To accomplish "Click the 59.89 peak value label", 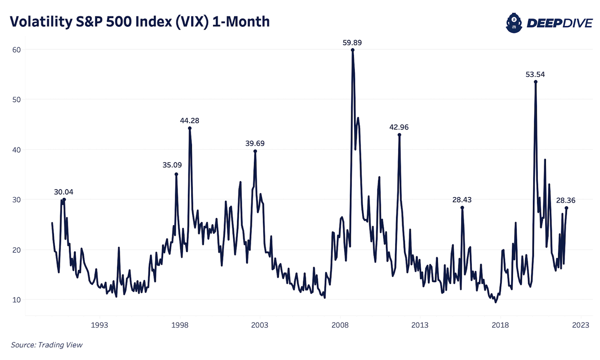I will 352,43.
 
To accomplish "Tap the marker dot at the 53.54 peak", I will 535,82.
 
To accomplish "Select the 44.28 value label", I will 190,121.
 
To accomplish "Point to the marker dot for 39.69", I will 255,151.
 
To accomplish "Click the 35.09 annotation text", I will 172,165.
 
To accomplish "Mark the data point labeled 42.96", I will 399,135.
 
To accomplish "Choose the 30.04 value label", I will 63,192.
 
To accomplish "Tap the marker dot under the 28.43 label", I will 462,208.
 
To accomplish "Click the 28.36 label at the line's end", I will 565,201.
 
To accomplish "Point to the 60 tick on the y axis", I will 16,50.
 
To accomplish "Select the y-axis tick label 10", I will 16,300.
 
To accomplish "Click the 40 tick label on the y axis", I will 16,150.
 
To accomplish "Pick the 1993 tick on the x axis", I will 99,325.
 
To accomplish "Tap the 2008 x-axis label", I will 340,325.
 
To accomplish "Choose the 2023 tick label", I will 581,325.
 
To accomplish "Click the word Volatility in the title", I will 40,22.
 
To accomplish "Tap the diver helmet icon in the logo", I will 514,23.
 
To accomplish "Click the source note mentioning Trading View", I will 47,345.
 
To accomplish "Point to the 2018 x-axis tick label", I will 500,325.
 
